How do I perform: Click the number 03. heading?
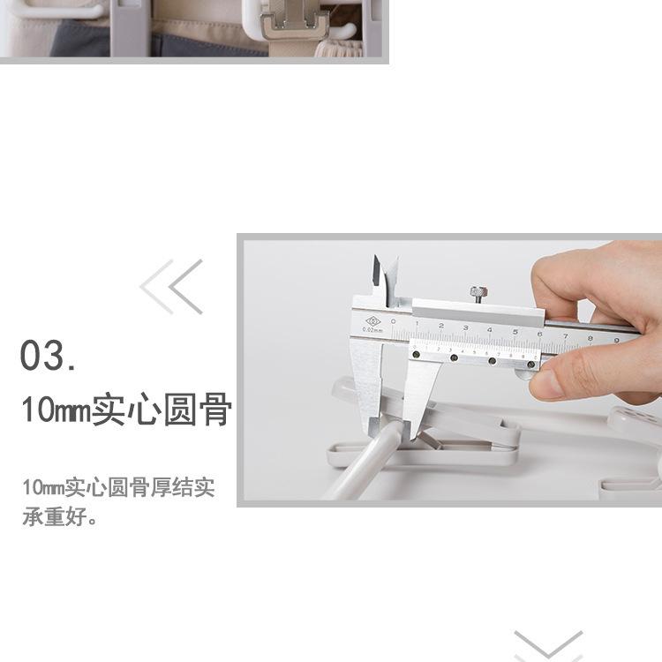48,356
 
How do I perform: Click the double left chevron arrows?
172,287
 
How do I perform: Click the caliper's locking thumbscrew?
477,293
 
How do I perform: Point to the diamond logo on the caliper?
372,322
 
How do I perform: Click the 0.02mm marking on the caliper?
370,331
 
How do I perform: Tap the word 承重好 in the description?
52,516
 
